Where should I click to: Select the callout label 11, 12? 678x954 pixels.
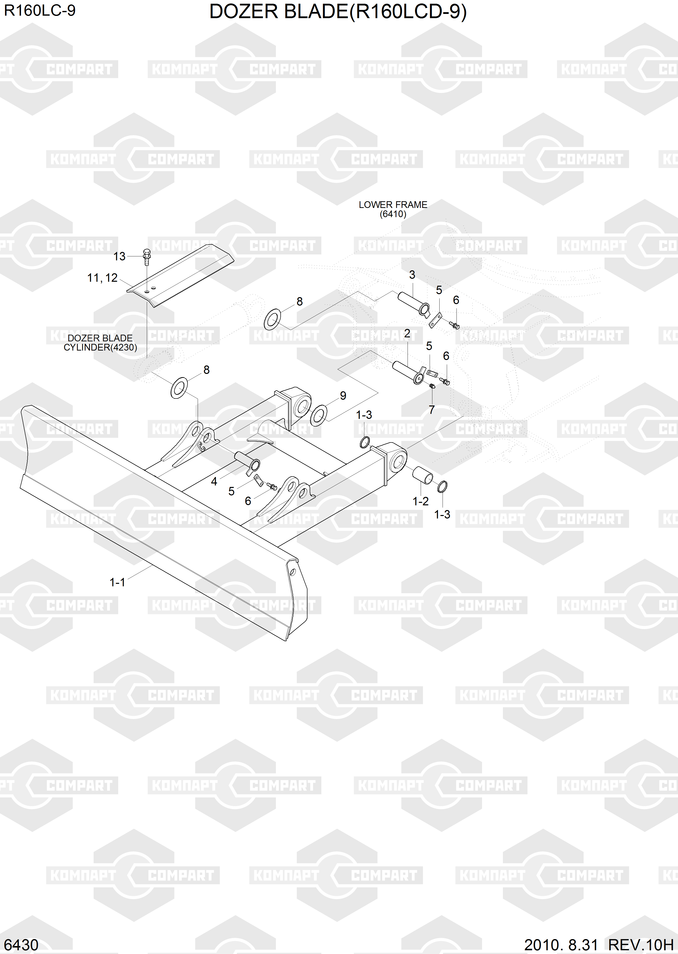(x=102, y=278)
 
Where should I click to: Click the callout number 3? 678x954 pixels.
(x=412, y=275)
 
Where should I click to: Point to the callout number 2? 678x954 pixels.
(x=407, y=334)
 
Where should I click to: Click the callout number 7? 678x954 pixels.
(x=432, y=410)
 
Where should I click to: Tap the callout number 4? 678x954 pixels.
(x=214, y=481)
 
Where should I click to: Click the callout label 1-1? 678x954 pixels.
(x=117, y=582)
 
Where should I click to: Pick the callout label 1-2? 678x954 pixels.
(x=420, y=501)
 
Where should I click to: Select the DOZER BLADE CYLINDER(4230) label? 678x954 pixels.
(x=100, y=343)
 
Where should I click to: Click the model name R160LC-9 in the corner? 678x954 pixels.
(x=40, y=10)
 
